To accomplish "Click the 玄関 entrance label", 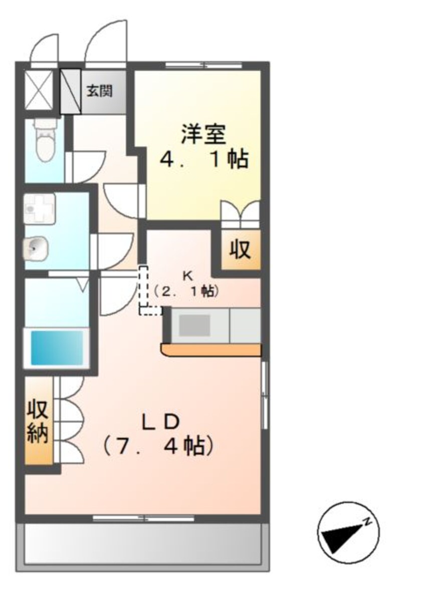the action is pyautogui.click(x=99, y=91).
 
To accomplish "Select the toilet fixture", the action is pyautogui.click(x=46, y=141).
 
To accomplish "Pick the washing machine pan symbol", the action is pyautogui.click(x=40, y=208).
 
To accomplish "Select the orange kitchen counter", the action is pyautogui.click(x=211, y=350).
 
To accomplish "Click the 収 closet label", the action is pyautogui.click(x=240, y=250).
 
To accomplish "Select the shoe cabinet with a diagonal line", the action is pyautogui.click(x=71, y=92).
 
